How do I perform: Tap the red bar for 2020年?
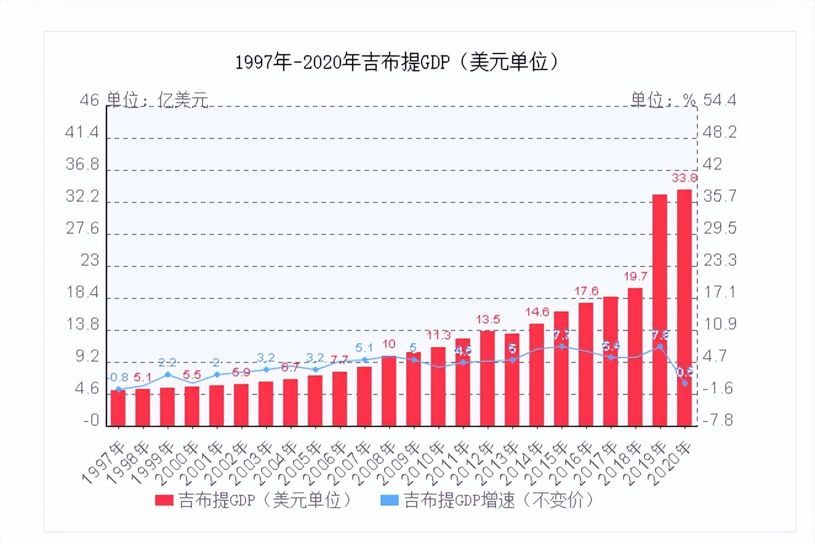685,307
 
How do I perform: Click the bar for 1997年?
118,407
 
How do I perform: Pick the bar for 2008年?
389,391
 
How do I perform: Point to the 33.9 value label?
685,178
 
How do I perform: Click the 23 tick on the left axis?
90,260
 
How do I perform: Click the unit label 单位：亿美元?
158,100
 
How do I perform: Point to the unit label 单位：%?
662,100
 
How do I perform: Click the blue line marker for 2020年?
685,383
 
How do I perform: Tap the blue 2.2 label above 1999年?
167,362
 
